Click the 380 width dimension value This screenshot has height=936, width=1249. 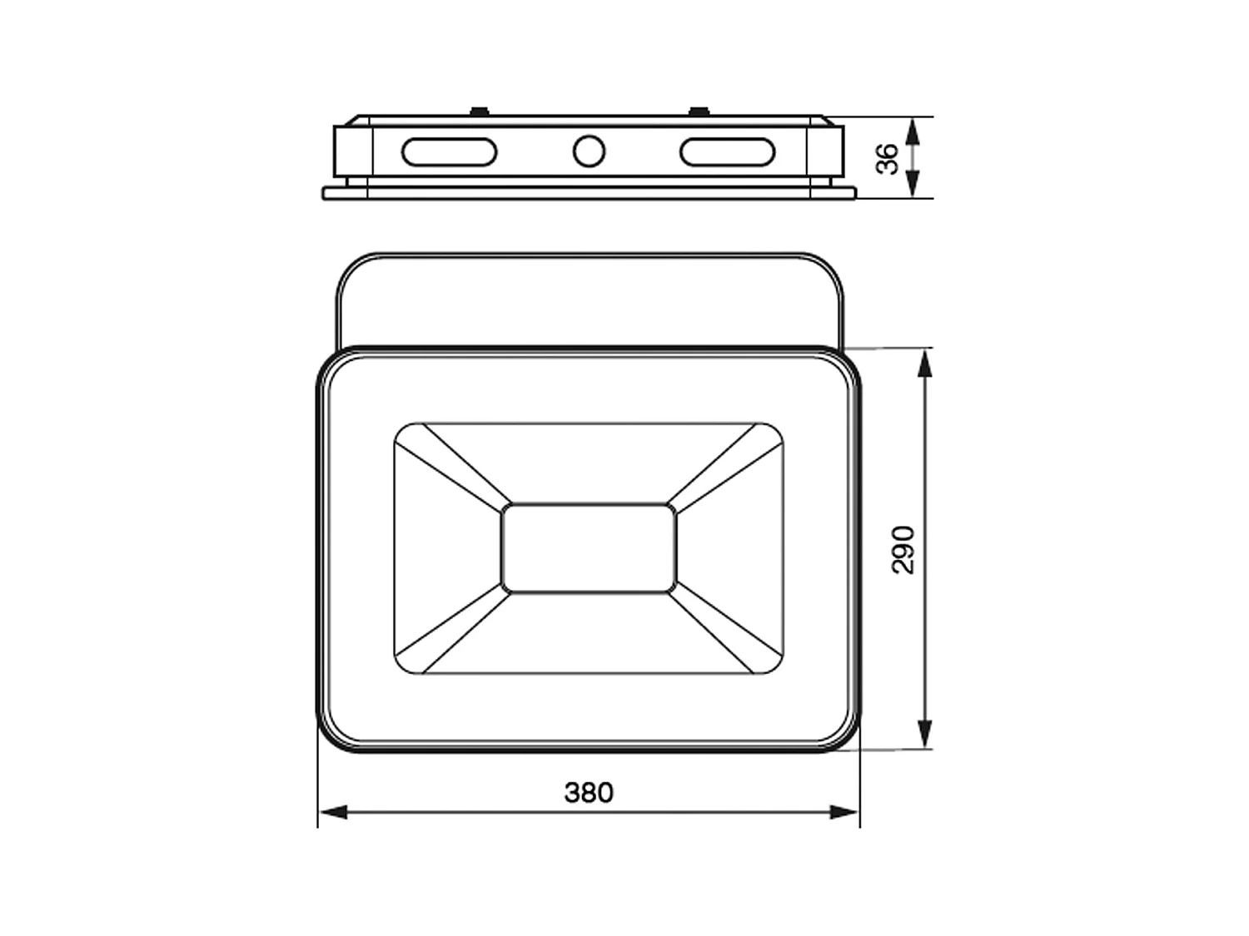(589, 793)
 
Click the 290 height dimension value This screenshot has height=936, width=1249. (903, 549)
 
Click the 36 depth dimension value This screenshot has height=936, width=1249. (889, 158)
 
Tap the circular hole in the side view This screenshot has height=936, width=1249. (589, 151)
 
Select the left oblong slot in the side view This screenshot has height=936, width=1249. (449, 152)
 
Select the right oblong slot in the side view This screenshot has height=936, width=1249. (727, 152)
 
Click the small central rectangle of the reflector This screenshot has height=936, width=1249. (589, 548)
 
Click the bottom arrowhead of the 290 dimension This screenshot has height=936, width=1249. (923, 734)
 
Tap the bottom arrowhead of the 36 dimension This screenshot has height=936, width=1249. (913, 184)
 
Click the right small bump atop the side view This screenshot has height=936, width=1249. (698, 111)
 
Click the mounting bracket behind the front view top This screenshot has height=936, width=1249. (589, 300)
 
